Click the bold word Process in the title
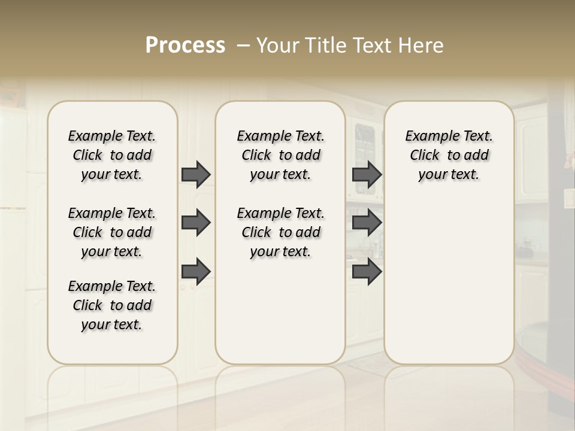click(x=185, y=45)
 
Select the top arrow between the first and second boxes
click(x=196, y=174)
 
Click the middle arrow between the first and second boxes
click(x=196, y=223)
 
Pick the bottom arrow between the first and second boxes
click(x=196, y=271)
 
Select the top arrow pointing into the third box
click(x=367, y=174)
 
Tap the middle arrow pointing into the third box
click(x=367, y=223)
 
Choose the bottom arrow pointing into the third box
click(x=367, y=271)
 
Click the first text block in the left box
click(x=112, y=155)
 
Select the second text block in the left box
click(x=112, y=232)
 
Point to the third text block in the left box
click(x=112, y=305)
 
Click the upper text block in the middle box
click(x=280, y=155)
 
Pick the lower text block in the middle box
click(x=280, y=232)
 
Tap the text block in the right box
click(x=449, y=155)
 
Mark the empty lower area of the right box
click(x=449, y=281)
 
